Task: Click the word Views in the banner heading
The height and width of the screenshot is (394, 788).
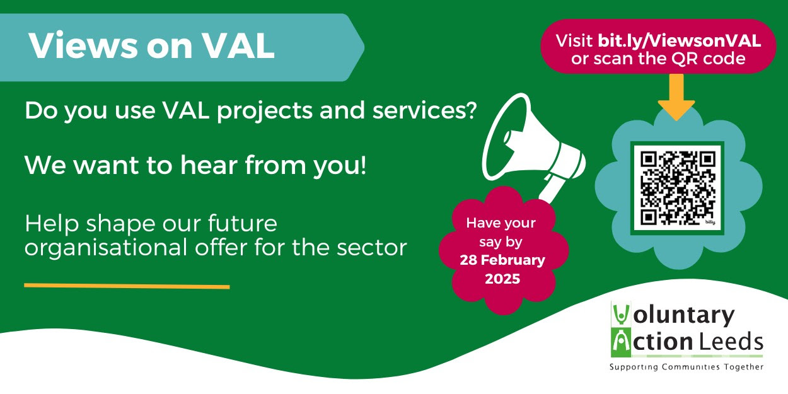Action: click(x=83, y=46)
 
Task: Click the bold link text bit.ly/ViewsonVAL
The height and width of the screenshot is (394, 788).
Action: click(x=680, y=41)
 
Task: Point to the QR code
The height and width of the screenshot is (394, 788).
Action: click(x=677, y=188)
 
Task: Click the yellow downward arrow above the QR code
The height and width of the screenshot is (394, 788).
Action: click(x=676, y=97)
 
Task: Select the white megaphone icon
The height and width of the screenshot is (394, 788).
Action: click(x=532, y=148)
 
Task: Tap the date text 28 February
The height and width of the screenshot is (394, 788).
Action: click(x=502, y=260)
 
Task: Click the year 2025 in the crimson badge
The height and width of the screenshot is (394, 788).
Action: click(x=502, y=279)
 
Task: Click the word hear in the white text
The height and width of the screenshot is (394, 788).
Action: click(x=209, y=165)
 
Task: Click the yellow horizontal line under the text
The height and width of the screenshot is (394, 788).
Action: click(x=127, y=286)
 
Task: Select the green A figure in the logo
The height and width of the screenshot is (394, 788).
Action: click(x=622, y=343)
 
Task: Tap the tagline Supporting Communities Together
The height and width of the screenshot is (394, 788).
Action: click(x=687, y=367)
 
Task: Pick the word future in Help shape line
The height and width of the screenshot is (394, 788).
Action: click(x=242, y=223)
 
